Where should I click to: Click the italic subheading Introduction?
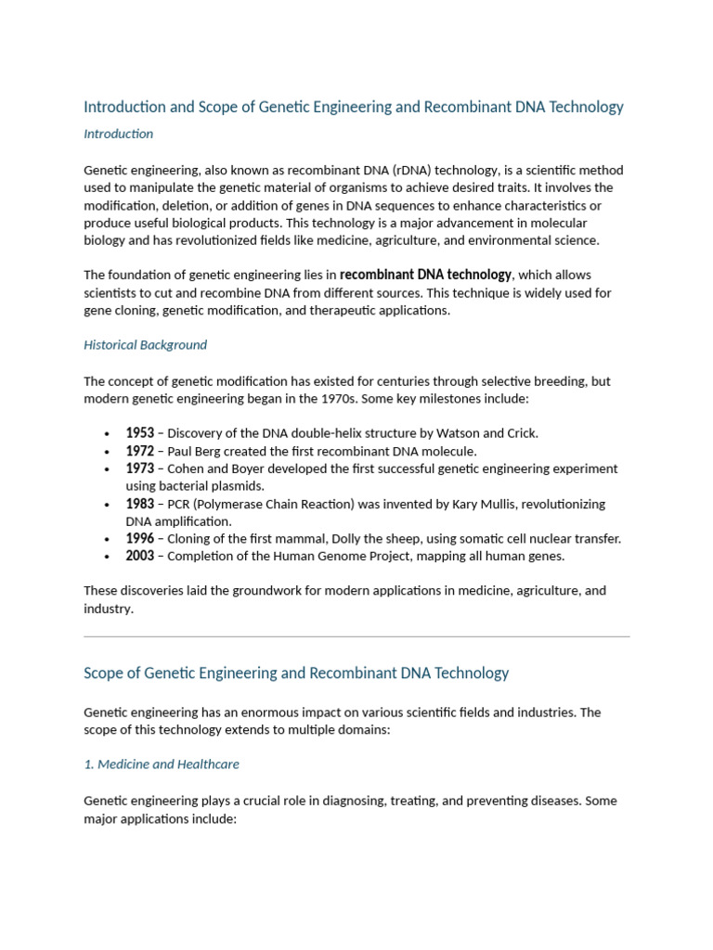(x=118, y=134)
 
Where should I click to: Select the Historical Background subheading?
(x=145, y=345)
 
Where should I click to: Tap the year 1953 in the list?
(x=140, y=433)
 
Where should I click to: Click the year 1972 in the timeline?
(x=140, y=451)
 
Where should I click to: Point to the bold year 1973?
(x=140, y=469)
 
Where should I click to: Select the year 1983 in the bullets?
(x=140, y=504)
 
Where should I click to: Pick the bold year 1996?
(x=140, y=539)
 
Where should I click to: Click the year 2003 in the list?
(x=140, y=557)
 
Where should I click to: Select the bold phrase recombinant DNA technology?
(x=425, y=275)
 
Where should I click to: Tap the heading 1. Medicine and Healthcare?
(x=161, y=764)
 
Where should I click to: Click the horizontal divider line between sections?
(x=356, y=636)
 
